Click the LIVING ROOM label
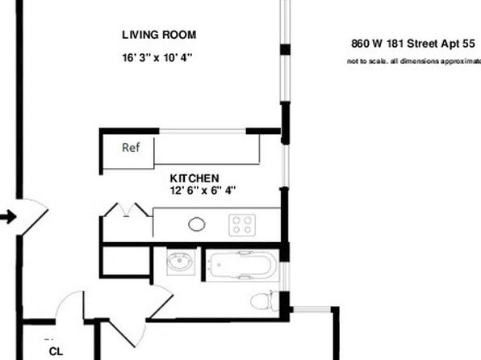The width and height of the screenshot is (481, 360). point(159,35)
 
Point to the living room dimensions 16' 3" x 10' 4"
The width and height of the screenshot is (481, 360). point(157,57)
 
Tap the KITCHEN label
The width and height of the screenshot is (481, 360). point(194,178)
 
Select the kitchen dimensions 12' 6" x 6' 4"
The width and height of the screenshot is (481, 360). point(203,190)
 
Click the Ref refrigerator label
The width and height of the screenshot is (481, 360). point(131,148)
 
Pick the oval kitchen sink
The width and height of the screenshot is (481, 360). point(197,224)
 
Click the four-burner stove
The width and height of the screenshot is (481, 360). point(242,224)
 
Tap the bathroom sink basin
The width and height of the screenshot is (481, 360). point(180,262)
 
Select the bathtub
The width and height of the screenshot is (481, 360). point(242,266)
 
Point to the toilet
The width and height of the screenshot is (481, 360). point(265,301)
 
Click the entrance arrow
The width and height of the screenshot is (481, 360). point(8,217)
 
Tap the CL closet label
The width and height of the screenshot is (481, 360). point(56,351)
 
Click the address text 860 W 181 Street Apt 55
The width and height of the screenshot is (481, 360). point(413,44)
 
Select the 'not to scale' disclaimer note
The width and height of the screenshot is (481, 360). point(414,61)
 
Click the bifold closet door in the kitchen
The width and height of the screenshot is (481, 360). point(127,210)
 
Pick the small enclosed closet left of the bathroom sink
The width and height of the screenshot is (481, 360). point(126,262)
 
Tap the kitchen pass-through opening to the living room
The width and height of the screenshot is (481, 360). point(203,132)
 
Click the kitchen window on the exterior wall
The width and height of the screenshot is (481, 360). point(285,165)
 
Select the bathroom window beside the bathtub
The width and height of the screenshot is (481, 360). point(285,276)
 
